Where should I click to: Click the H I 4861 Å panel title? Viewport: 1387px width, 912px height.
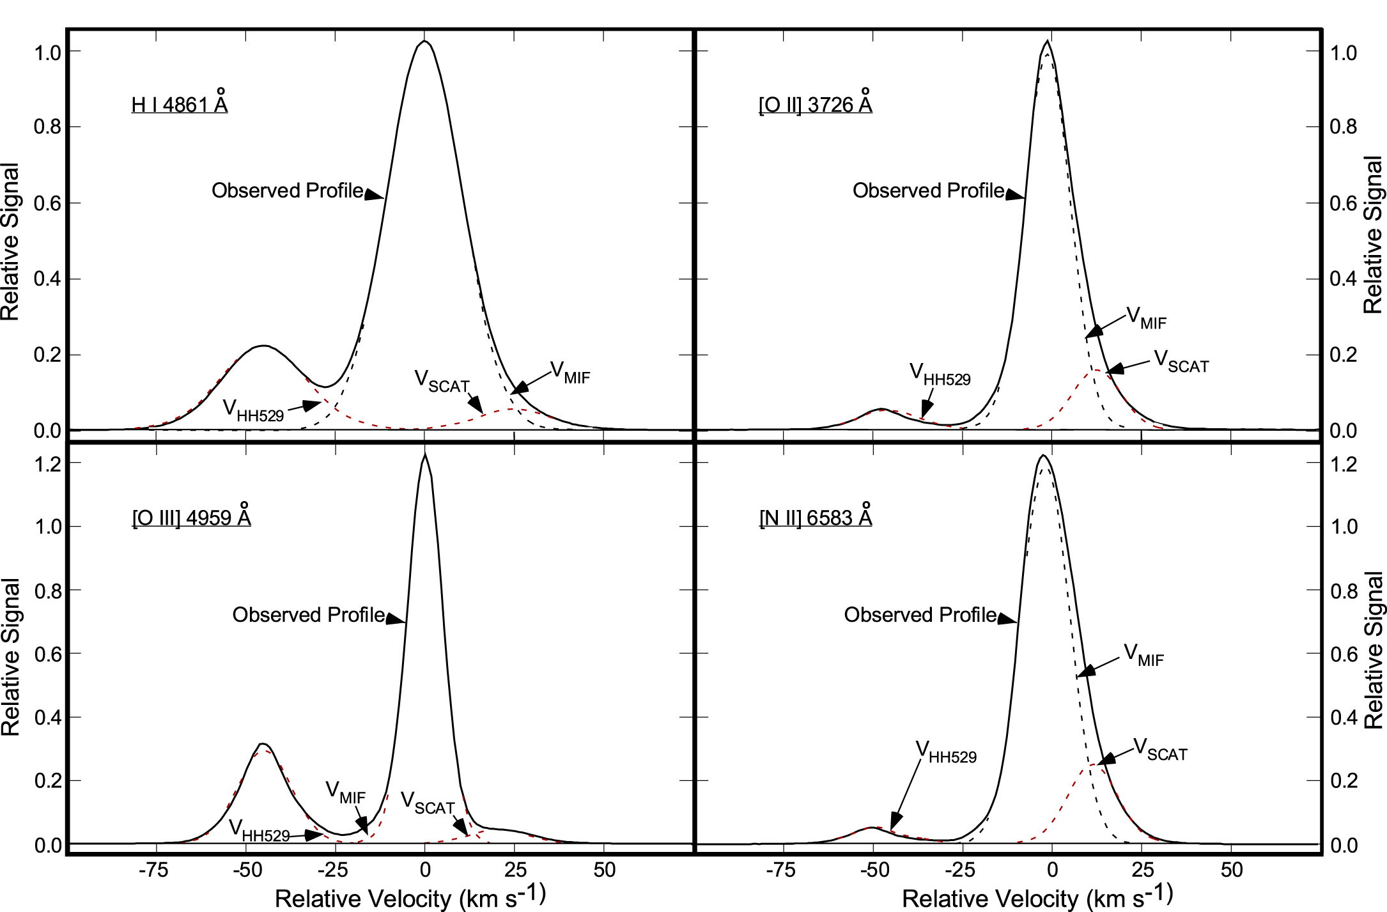pyautogui.click(x=180, y=104)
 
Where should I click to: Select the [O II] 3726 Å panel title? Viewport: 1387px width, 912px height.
pyautogui.click(x=815, y=104)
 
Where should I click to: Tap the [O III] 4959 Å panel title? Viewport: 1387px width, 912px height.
pyautogui.click(x=191, y=517)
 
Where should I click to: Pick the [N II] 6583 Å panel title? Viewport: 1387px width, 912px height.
pyautogui.click(x=816, y=517)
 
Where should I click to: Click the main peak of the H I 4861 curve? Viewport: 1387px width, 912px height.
pyautogui.click(x=424, y=42)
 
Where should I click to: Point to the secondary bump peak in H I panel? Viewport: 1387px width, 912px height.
pyautogui.click(x=263, y=346)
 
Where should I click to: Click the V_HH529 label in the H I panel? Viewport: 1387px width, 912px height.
pyautogui.click(x=253, y=410)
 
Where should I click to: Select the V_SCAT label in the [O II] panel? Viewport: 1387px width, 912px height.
pyautogui.click(x=1181, y=362)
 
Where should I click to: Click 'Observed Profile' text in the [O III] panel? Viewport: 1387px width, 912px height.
pyautogui.click(x=309, y=615)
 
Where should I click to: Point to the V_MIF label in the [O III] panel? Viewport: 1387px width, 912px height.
pyautogui.click(x=345, y=792)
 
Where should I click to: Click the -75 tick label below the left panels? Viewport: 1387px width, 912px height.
pyautogui.click(x=153, y=870)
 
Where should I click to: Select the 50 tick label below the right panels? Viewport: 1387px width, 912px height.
pyautogui.click(x=1231, y=870)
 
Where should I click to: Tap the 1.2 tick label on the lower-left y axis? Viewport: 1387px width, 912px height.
pyautogui.click(x=49, y=465)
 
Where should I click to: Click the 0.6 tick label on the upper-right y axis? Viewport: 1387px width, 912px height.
pyautogui.click(x=1343, y=203)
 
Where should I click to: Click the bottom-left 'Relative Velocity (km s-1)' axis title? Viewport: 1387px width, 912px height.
pyautogui.click(x=410, y=897)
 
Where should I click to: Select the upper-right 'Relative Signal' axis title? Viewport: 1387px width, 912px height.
pyautogui.click(x=1373, y=235)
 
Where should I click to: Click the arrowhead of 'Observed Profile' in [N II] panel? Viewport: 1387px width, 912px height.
pyautogui.click(x=1009, y=619)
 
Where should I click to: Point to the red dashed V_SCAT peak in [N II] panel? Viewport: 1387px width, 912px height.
pyautogui.click(x=1094, y=765)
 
